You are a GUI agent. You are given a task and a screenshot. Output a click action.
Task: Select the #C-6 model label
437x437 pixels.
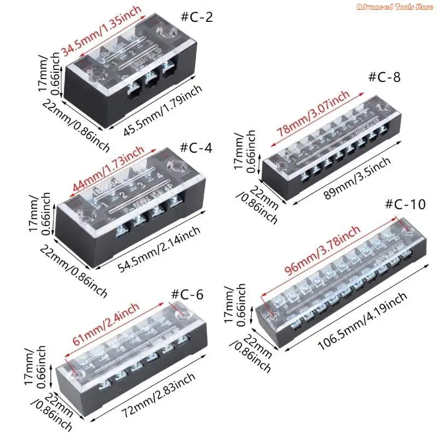[x=187, y=293]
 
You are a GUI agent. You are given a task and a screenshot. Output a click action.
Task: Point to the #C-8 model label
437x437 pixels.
[x=385, y=77]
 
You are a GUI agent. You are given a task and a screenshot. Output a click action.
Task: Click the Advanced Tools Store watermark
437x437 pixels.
[x=394, y=7]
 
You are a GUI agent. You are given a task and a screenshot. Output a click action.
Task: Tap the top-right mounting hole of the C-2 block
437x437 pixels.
[x=164, y=32]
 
